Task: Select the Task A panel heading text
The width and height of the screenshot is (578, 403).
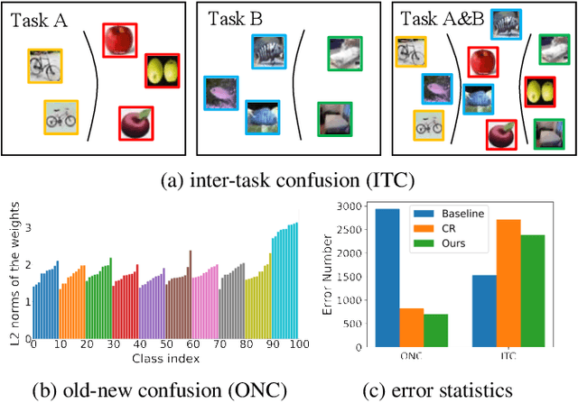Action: (x=42, y=18)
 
